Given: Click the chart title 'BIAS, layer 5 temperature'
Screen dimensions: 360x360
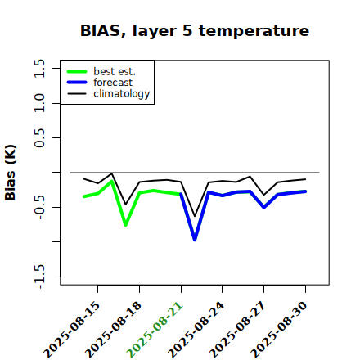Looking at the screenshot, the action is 195,31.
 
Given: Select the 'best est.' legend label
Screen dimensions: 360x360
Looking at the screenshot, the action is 115,71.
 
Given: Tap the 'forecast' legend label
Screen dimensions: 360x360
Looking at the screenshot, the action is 113,83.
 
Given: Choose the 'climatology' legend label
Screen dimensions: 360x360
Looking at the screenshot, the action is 122,94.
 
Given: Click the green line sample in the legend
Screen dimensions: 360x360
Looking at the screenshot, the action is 77,71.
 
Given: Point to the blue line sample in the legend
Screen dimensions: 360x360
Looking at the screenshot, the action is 77,83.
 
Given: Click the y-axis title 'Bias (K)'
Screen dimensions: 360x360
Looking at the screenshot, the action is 11,173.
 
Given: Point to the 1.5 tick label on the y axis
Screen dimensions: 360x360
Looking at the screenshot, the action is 39,68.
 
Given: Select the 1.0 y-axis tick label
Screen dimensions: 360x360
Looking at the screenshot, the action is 39,103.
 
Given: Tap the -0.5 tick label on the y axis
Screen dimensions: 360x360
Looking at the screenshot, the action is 39,208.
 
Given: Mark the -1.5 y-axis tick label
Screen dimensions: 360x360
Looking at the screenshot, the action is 39,277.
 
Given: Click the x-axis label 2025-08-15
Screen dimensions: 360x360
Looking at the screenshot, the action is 71,329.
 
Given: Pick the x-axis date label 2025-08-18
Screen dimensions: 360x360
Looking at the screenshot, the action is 113,329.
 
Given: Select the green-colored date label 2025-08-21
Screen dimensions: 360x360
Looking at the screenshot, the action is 155,329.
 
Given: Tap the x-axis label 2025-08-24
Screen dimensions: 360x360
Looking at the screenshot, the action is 196,329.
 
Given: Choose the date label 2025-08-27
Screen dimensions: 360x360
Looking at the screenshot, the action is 237,329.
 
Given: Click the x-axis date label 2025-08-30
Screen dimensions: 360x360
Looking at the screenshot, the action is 279,329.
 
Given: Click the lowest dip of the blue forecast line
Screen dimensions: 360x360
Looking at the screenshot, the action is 195,240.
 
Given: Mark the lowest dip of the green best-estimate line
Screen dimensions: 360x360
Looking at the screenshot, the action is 126,225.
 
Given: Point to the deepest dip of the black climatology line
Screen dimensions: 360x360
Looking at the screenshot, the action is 195,216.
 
